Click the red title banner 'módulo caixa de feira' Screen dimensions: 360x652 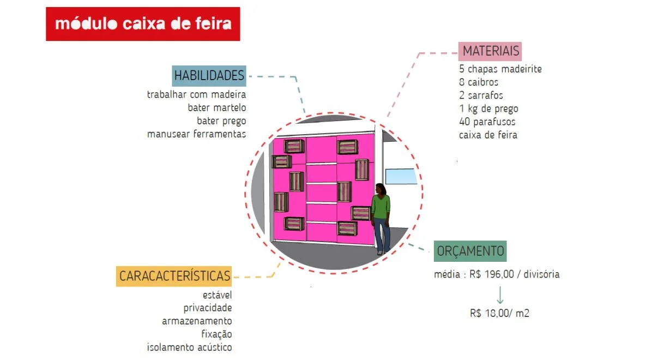coord(143,24)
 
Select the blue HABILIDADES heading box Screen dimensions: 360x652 coord(209,75)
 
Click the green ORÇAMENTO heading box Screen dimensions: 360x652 coord(470,251)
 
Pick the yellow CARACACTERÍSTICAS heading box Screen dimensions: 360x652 coord(174,276)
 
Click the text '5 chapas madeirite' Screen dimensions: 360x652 coord(500,69)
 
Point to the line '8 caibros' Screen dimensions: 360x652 coord(479,82)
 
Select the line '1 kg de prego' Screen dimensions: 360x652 coord(488,109)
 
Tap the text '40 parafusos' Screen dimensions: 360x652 coord(487,122)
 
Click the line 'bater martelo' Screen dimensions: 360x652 coord(217,107)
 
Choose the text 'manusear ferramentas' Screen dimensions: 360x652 coord(196,134)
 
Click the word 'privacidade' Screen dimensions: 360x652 coord(208,308)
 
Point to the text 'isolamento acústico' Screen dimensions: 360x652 coord(189,347)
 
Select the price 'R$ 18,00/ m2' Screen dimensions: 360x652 coord(499,314)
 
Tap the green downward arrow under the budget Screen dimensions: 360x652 coord(499,295)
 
